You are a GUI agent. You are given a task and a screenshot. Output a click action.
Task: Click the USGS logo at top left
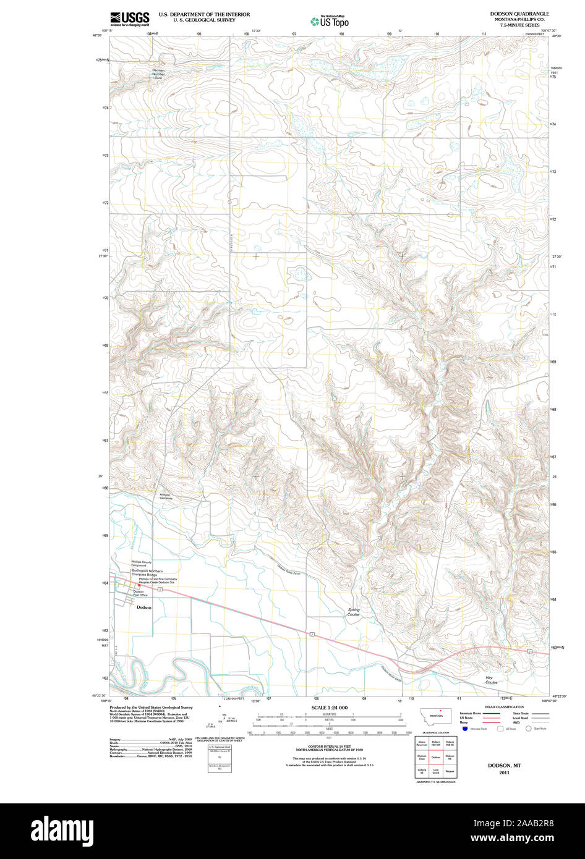click(x=129, y=19)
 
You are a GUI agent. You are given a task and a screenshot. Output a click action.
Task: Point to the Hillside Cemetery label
click(x=166, y=496)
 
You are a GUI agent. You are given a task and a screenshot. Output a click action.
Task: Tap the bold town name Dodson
click(x=143, y=607)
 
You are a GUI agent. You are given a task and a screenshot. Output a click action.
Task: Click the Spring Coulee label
click(x=353, y=612)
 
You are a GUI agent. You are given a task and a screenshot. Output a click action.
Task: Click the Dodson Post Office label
click(x=139, y=593)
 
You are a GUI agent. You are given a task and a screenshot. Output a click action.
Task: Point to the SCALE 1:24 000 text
click(x=329, y=708)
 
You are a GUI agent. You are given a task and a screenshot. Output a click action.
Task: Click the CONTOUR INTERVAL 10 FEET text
click(x=329, y=747)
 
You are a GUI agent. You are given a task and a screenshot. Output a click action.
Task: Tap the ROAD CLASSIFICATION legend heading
click(x=504, y=707)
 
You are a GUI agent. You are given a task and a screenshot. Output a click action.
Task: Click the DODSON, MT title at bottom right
click(x=504, y=765)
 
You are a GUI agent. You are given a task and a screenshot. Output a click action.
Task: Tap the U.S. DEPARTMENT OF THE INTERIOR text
click(x=204, y=14)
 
